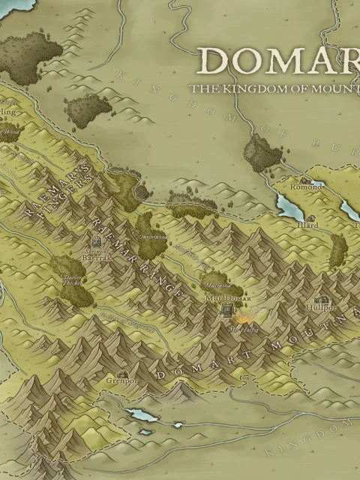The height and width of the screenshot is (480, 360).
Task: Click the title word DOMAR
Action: pos(277,61)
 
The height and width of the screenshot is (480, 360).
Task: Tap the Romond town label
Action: pos(306,187)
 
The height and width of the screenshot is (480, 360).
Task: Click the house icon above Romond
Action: pos(304,179)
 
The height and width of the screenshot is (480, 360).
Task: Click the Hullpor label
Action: pos(321,307)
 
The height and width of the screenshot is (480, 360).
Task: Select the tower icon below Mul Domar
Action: pos(227,314)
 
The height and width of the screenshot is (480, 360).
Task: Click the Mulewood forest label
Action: pos(218,286)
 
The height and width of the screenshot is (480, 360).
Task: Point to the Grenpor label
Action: pos(121,381)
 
